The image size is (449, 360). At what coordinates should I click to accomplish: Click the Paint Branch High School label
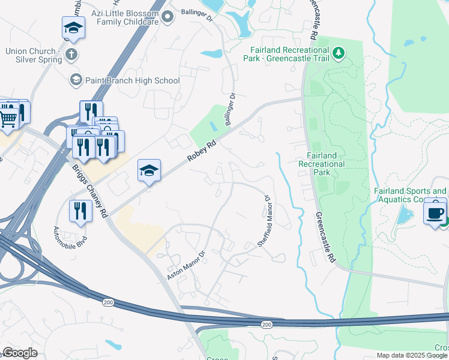[x=133, y=80]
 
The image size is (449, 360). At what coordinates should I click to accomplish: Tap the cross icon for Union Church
[x=71, y=55]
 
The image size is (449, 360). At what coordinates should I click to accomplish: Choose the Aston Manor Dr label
[x=185, y=266]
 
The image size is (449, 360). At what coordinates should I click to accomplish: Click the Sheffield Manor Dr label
[x=265, y=220]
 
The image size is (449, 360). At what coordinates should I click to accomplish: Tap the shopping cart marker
[x=8, y=115]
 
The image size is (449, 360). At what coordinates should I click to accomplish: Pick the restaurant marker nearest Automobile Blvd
[x=79, y=210]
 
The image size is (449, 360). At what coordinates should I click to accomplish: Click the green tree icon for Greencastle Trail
[x=339, y=53]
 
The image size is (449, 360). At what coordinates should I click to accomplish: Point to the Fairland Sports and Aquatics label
[x=411, y=195]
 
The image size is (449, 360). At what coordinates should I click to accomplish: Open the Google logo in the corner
[x=20, y=353]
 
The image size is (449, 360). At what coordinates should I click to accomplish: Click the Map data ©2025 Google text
[x=412, y=355]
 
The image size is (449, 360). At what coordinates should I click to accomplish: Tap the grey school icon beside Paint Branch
[x=76, y=80]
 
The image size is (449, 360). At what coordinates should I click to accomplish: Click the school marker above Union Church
[x=73, y=28]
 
